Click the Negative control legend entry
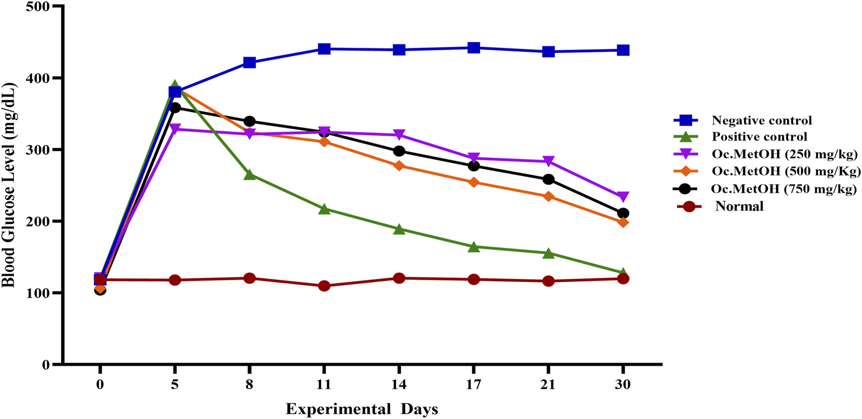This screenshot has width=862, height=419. point(761,120)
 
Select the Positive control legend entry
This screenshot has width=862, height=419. point(759,137)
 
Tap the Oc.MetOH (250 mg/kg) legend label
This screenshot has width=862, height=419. point(785,154)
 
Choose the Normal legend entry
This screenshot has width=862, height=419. point(739,206)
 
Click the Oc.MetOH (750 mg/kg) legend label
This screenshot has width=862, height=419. point(783,189)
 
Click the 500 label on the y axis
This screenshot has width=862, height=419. point(39,7)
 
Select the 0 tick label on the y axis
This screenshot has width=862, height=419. point(46,364)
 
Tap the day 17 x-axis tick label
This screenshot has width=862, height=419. point(473,385)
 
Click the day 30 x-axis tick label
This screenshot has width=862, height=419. point(623,385)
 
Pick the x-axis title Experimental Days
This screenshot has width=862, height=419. point(361,409)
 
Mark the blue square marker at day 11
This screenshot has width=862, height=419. point(324,49)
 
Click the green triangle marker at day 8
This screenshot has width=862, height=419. point(250,175)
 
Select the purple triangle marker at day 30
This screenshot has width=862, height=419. point(623,197)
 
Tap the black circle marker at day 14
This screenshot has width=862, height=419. point(399,151)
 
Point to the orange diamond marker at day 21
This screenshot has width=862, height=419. point(548,197)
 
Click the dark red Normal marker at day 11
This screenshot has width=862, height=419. point(324,286)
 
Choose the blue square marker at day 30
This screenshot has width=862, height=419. point(623,50)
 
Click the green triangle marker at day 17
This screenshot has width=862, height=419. point(474,247)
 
